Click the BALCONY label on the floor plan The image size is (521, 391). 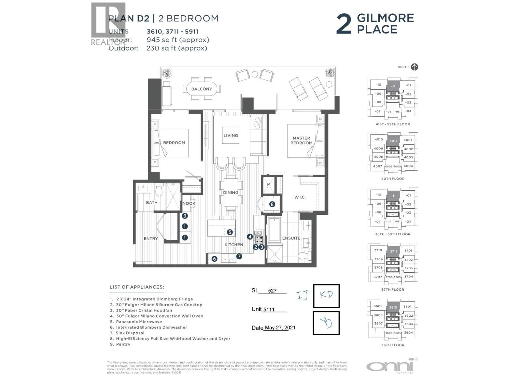pyautogui.click(x=202, y=89)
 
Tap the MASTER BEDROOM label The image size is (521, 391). pyautogui.click(x=301, y=140)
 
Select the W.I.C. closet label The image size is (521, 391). pyautogui.click(x=300, y=197)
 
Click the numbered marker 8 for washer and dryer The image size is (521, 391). pyautogui.click(x=272, y=204)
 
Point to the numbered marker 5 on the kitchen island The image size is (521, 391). pyautogui.click(x=230, y=232)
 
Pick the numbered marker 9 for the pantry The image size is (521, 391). pyautogui.click(x=185, y=216)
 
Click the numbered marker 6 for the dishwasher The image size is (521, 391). pyautogui.click(x=214, y=259)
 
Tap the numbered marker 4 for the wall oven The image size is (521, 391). pyautogui.click(x=250, y=237)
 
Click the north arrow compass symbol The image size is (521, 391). pyautogui.click(x=414, y=67)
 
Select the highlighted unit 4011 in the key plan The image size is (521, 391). pyautogui.click(x=393, y=141)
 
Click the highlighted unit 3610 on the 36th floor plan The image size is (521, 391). pyautogui.click(x=393, y=307)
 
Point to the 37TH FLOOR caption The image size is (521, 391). pyautogui.click(x=393, y=289)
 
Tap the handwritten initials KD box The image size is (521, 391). pyautogui.click(x=326, y=296)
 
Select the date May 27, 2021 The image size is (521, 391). pyautogui.click(x=280, y=328)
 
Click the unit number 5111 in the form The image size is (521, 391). pyautogui.click(x=269, y=310)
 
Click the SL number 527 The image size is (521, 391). pyautogui.click(x=272, y=291)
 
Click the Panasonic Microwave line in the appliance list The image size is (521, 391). pyautogui.click(x=139, y=322)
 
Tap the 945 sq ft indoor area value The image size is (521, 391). pyautogui.click(x=178, y=40)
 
